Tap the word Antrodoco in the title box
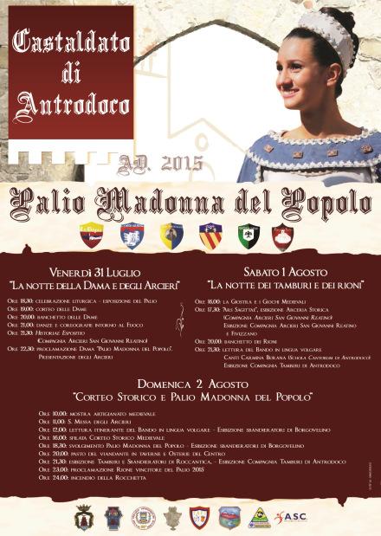coord(70,105)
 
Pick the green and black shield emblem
coord(249,235)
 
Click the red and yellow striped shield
coord(210,236)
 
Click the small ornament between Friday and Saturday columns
coord(180,322)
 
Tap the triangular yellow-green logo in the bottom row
coord(259,517)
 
